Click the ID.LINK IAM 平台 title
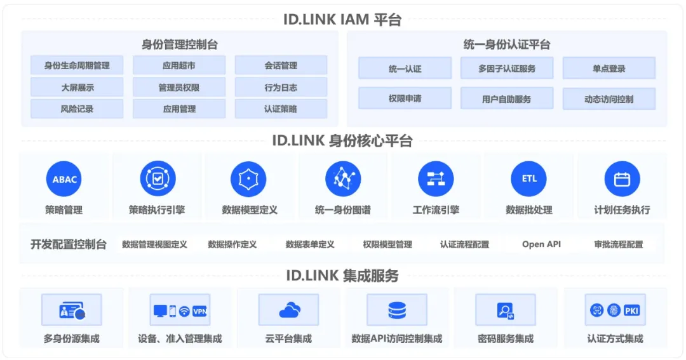pyautogui.click(x=342, y=19)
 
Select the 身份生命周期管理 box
pyautogui.click(x=77, y=65)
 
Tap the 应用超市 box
pyautogui.click(x=179, y=65)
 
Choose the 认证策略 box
pyautogui.click(x=281, y=109)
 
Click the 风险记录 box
pyautogui.click(x=77, y=109)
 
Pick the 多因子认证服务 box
pyautogui.click(x=506, y=69)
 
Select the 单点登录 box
pyautogui.click(x=609, y=69)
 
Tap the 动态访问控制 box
pyautogui.click(x=609, y=99)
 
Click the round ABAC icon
pyautogui.click(x=64, y=179)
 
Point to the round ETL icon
pyautogui.click(x=529, y=179)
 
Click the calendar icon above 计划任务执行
pyautogui.click(x=622, y=179)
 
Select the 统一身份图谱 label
pyautogui.click(x=343, y=210)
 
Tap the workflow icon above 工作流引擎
pyautogui.click(x=436, y=179)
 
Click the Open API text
pyautogui.click(x=541, y=244)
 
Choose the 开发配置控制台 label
pyautogui.click(x=69, y=244)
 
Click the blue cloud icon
pyautogui.click(x=289, y=310)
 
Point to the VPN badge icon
pyautogui.click(x=199, y=311)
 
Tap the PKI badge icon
pyautogui.click(x=631, y=310)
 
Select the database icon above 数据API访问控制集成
pyautogui.click(x=397, y=310)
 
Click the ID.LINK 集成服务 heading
pyautogui.click(x=342, y=276)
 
